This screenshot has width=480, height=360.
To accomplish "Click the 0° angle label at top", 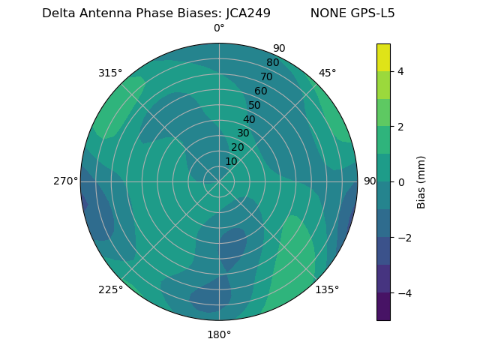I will [219, 28].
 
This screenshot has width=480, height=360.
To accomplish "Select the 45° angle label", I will [328, 73].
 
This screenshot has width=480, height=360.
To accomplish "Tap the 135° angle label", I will [327, 289].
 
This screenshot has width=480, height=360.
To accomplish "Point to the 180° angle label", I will [219, 334].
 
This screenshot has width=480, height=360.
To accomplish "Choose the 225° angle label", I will [110, 289].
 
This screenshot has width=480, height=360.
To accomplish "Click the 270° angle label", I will [65, 181].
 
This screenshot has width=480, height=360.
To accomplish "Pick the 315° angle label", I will [110, 73].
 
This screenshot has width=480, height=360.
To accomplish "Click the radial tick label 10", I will [231, 161].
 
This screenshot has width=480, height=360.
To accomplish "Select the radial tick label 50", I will [255, 105].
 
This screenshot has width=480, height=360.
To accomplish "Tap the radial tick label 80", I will [273, 63].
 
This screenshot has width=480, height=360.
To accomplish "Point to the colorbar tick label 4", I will [401, 71].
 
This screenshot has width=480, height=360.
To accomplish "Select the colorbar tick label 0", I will [401, 182].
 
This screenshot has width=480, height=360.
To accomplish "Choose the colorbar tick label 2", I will [401, 127].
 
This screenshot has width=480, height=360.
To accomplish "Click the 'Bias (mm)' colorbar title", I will [421, 182].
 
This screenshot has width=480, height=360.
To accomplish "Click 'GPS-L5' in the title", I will [373, 13].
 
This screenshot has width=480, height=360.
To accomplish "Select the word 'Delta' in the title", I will [58, 13].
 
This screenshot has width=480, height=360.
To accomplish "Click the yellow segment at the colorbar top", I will [383, 57].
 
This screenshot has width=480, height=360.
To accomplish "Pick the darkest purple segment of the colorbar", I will [383, 307].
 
